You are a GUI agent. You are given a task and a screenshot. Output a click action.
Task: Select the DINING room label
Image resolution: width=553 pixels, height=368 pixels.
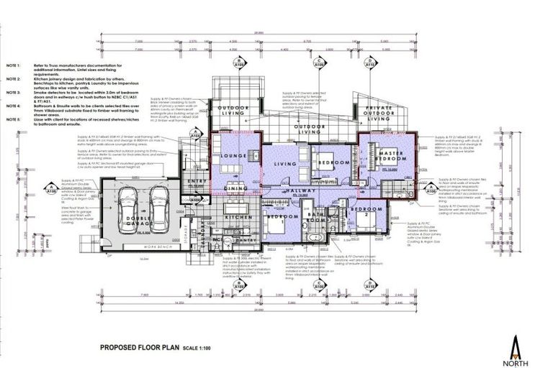[x=236, y=188]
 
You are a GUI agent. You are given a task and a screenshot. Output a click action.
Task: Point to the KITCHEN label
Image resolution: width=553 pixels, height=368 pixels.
[x=238, y=216]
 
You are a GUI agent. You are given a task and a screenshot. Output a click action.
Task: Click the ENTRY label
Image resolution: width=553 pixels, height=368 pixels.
[x=197, y=180]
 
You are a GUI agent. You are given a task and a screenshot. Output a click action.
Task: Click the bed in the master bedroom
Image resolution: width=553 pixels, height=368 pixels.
[x=378, y=167]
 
